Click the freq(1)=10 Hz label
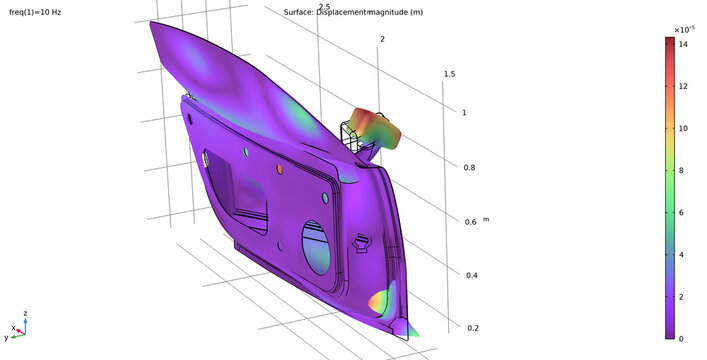coord(35,13)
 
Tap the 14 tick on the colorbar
coord(684,45)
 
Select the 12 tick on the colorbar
coord(684,87)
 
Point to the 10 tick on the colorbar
coord(684,129)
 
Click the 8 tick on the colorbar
coord(684,171)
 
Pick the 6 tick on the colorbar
coord(684,213)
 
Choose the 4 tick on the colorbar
coord(684,255)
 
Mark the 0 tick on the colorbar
coord(684,338)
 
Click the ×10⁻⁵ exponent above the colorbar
coord(684,29)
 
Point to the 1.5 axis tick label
coord(450,75)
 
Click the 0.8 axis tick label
coord(470,168)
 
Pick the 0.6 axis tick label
coord(470,222)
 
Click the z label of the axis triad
coord(25,314)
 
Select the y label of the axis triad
coord(7,338)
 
